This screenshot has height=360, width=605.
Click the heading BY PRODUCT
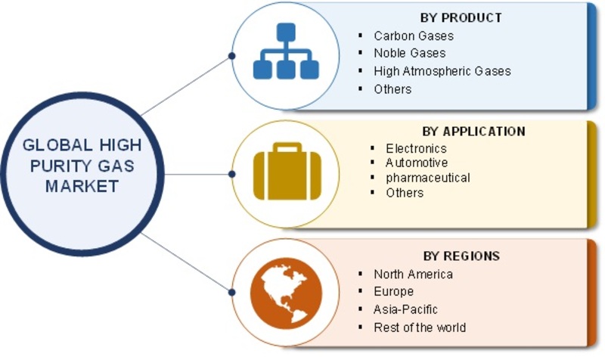pyautogui.click(x=461, y=17)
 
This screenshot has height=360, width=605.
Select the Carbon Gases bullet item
pyautogui.click(x=414, y=36)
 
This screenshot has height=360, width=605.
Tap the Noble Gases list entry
pyautogui.click(x=410, y=53)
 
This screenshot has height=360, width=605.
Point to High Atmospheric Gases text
pyautogui.click(x=442, y=71)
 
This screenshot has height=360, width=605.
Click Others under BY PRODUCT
pyautogui.click(x=392, y=89)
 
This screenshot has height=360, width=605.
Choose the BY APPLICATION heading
pyautogui.click(x=474, y=131)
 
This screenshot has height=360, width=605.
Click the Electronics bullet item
pyautogui.click(x=416, y=148)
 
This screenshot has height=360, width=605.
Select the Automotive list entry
pyautogui.click(x=417, y=163)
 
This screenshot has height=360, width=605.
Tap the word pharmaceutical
pyautogui.click(x=427, y=178)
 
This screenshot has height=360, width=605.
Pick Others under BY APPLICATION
pyautogui.click(x=405, y=193)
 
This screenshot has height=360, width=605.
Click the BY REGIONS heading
pyautogui.click(x=461, y=256)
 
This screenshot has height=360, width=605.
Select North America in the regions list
pyautogui.click(x=413, y=275)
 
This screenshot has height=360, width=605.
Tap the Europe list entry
pyautogui.click(x=393, y=291)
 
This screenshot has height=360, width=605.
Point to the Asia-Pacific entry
pyautogui.click(x=405, y=309)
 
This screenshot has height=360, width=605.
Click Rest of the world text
pyautogui.click(x=420, y=327)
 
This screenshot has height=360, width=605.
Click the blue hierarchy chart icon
pyautogui.click(x=286, y=51)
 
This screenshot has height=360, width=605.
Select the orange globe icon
pyautogui.click(x=286, y=293)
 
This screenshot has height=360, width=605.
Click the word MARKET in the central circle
pyautogui.click(x=82, y=187)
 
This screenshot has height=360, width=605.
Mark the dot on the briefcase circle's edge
pyautogui.click(x=232, y=175)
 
